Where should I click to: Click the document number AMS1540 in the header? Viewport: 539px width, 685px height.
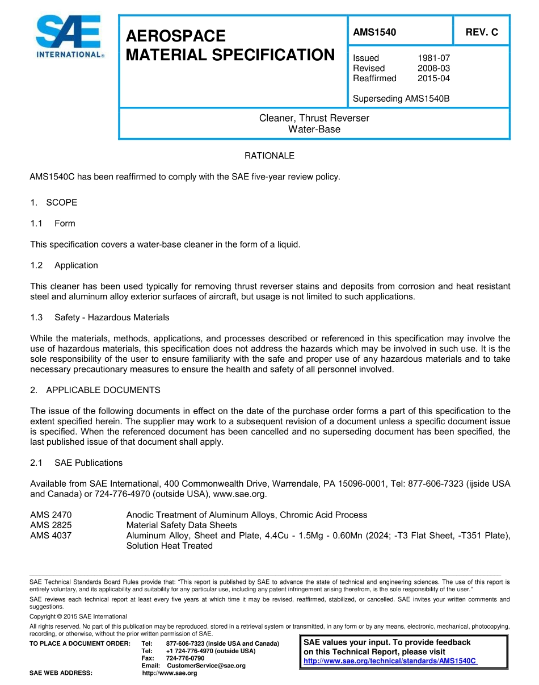pyautogui.click(x=374, y=32)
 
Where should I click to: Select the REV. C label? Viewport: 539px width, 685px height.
pyautogui.click(x=482, y=32)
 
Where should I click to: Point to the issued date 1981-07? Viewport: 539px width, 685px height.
pyautogui.click(x=433, y=58)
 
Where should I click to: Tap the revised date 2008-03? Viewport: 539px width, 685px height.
pyautogui.click(x=433, y=68)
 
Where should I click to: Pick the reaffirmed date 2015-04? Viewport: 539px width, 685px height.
pyautogui.click(x=433, y=78)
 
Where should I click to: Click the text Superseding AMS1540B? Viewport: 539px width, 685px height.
pyautogui.click(x=401, y=99)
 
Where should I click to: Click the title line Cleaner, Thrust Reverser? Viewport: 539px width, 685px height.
pyautogui.click(x=314, y=118)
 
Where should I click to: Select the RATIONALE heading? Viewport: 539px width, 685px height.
pyautogui.click(x=269, y=156)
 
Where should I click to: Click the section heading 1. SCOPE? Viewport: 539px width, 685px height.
pyautogui.click(x=54, y=203)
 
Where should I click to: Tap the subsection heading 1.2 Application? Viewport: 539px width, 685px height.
pyautogui.click(x=64, y=265)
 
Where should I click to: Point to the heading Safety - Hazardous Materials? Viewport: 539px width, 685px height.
pyautogui.click(x=112, y=318)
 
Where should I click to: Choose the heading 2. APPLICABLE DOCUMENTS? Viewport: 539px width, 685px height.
pyautogui.click(x=95, y=390)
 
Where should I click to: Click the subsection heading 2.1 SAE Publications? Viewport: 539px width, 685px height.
pyautogui.click(x=77, y=463)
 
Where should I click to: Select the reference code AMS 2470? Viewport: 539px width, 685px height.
pyautogui.click(x=51, y=515)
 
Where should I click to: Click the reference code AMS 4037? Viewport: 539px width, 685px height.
pyautogui.click(x=51, y=536)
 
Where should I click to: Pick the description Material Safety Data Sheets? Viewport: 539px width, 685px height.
pyautogui.click(x=182, y=525)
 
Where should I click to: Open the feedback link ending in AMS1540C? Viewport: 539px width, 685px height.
pyautogui.click(x=390, y=661)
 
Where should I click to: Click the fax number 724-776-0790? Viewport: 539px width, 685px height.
pyautogui.click(x=185, y=658)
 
